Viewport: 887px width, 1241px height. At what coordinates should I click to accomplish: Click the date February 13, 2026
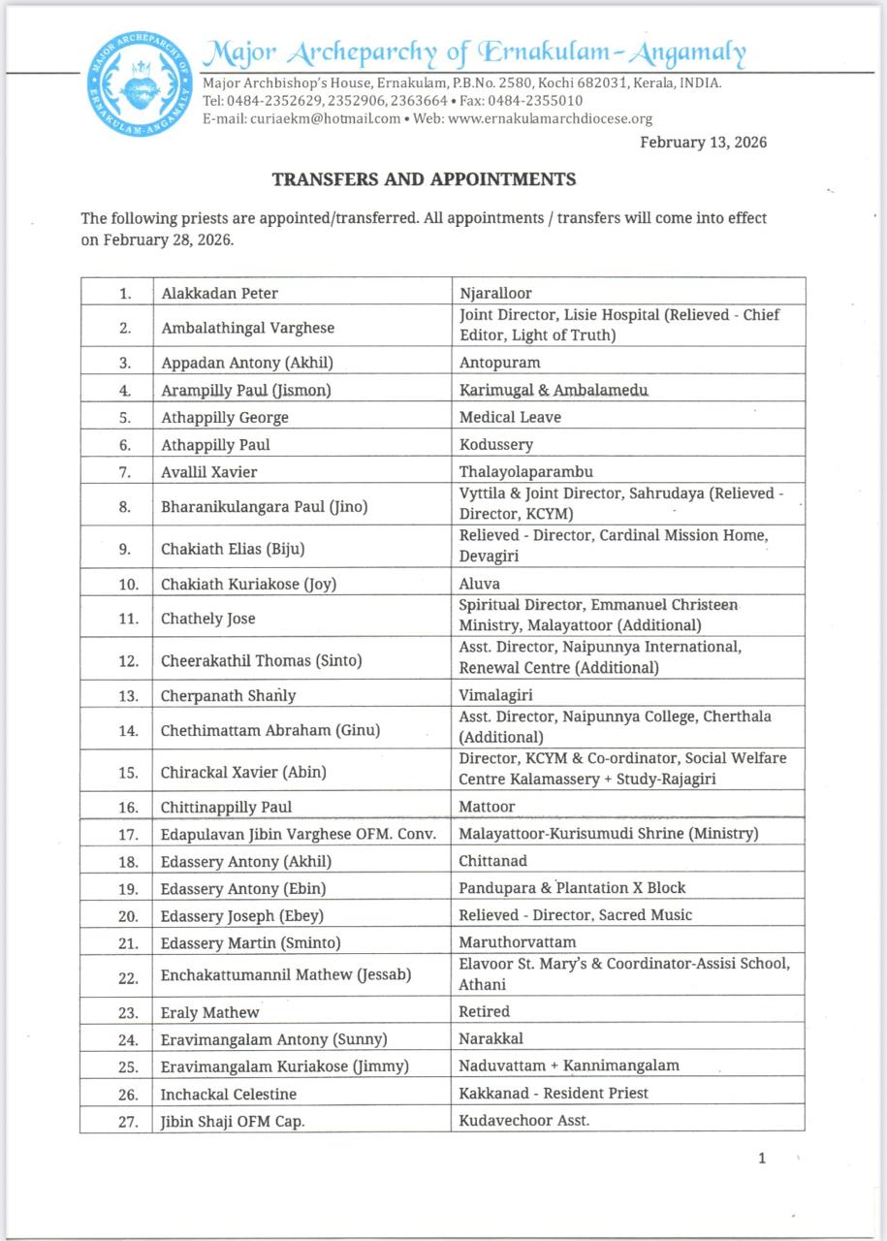(703, 143)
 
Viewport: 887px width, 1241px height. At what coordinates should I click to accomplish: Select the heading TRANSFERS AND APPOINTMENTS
(424, 179)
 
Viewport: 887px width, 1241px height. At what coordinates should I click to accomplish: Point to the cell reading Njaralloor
(495, 292)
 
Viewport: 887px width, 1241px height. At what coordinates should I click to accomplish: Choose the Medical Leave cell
(510, 417)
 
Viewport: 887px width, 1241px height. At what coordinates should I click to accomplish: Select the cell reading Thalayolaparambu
(526, 472)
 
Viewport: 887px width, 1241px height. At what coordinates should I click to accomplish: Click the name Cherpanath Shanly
(229, 695)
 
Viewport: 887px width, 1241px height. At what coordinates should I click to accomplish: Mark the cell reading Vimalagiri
(495, 695)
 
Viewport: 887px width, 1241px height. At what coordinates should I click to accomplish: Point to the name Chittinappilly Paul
(226, 807)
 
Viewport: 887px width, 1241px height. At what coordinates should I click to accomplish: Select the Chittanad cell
(493, 861)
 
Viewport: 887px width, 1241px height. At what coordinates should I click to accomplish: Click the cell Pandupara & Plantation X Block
(572, 888)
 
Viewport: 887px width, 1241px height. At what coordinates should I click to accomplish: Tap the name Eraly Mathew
(209, 1012)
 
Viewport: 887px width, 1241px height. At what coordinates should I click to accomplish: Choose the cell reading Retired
(484, 1011)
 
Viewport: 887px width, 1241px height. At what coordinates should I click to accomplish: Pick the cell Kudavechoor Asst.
(524, 1120)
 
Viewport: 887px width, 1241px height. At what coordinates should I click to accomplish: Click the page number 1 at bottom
(762, 1158)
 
